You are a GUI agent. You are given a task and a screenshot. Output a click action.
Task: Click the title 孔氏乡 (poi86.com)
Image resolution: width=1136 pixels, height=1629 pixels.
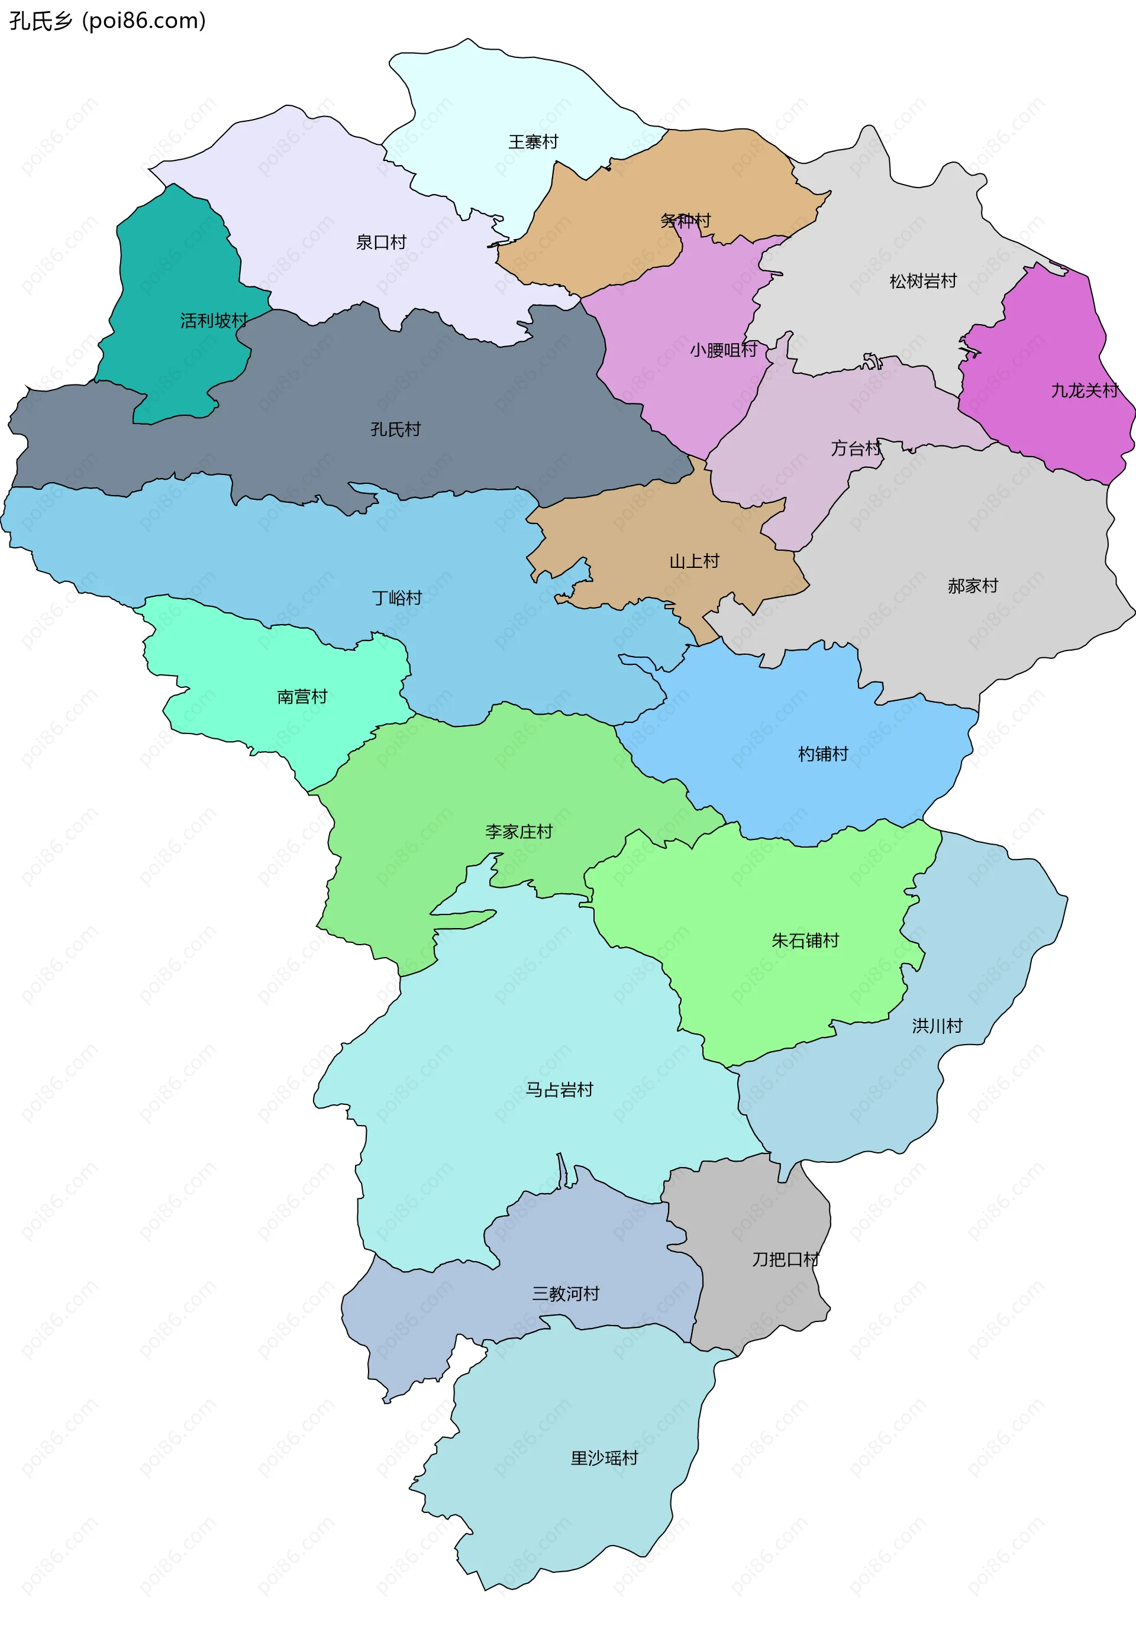107,21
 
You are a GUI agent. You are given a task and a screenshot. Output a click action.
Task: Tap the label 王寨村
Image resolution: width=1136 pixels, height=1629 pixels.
533,142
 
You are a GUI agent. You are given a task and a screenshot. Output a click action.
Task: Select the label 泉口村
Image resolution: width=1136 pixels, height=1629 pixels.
381,243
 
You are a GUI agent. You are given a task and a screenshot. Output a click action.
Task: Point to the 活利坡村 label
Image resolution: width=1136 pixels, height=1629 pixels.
214,321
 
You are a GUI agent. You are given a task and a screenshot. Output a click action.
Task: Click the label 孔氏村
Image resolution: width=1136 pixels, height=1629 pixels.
395,429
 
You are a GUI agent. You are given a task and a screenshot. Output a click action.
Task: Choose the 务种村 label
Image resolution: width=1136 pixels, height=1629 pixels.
685,221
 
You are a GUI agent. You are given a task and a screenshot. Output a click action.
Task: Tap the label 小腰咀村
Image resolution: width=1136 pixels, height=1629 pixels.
723,350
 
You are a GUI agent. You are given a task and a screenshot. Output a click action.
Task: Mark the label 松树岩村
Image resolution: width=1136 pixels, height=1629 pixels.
922,282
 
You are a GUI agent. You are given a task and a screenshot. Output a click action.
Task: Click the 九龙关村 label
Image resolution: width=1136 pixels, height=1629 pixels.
1083,391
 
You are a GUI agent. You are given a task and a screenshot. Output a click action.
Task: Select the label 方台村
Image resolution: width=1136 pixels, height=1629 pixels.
856,448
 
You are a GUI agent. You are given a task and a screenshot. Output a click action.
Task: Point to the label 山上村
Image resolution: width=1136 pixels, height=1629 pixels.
694,561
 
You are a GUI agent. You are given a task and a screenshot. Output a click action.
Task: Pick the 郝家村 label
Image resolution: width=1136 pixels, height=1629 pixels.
972,586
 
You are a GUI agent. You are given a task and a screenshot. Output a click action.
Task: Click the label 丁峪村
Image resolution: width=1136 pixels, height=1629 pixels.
396,598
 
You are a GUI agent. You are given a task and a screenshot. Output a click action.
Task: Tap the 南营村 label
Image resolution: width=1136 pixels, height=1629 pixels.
302,697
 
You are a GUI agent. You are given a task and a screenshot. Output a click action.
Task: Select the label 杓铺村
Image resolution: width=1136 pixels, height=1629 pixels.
822,754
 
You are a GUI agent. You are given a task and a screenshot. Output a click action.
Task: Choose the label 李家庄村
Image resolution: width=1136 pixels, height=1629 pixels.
519,832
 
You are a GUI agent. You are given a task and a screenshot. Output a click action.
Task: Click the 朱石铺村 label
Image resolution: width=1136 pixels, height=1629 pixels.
805,941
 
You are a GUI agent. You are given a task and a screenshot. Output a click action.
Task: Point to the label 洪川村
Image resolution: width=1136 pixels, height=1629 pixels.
937,1026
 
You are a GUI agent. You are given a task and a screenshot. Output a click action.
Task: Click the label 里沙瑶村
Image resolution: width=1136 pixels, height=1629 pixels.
604,1458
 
